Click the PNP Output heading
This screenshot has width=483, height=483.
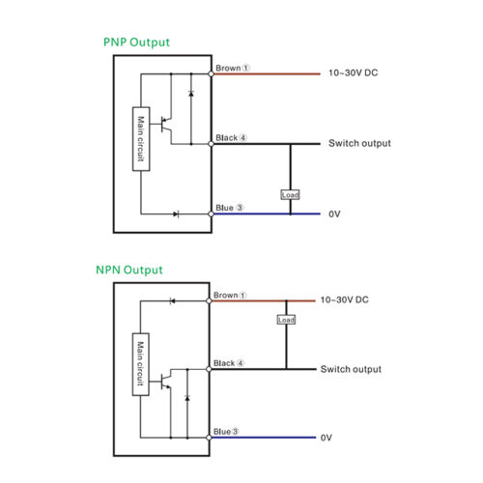pyautogui.click(x=136, y=43)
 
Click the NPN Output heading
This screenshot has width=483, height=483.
pyautogui.click(x=129, y=270)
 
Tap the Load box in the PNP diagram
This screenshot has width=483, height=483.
pyautogui.click(x=290, y=195)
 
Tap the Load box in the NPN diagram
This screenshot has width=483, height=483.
pyautogui.click(x=286, y=320)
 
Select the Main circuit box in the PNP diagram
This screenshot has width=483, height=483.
pyautogui.click(x=141, y=139)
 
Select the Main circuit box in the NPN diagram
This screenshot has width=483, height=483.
pyautogui.click(x=141, y=364)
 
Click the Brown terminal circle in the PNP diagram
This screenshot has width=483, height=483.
pyautogui.click(x=211, y=74)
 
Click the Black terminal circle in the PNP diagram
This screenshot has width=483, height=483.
pyautogui.click(x=211, y=144)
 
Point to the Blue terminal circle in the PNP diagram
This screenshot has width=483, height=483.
pyautogui.click(x=211, y=213)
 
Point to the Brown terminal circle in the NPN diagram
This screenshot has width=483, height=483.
pyautogui.click(x=209, y=301)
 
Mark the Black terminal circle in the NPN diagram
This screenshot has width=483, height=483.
pyautogui.click(x=209, y=369)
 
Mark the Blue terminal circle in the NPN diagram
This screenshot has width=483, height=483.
pyautogui.click(x=209, y=438)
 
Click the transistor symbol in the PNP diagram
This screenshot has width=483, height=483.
pyautogui.click(x=166, y=125)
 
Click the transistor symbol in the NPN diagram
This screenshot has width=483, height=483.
pyautogui.click(x=165, y=382)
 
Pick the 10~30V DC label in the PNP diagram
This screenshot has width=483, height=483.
pyautogui.click(x=354, y=73)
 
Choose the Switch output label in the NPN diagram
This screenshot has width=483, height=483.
pyautogui.click(x=351, y=369)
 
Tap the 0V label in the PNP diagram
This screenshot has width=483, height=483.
pyautogui.click(x=334, y=214)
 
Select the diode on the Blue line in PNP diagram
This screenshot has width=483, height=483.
pyautogui.click(x=176, y=213)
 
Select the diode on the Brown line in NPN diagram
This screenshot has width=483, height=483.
pyautogui.click(x=172, y=301)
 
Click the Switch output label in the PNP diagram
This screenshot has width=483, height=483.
pyautogui.click(x=359, y=143)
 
